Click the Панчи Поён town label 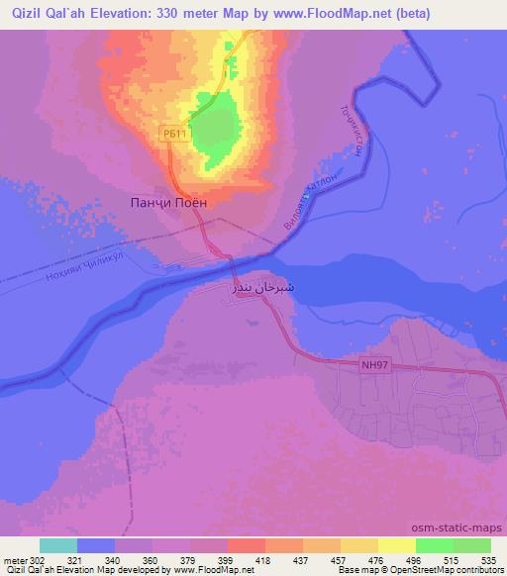pyautogui.click(x=169, y=202)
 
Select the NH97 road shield pyautogui.click(x=373, y=365)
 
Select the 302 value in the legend pyautogui.click(x=38, y=559)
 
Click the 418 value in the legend pyautogui.click(x=263, y=559)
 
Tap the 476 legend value pyautogui.click(x=376, y=559)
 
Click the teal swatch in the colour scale pyautogui.click(x=58, y=545)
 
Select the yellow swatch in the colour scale pyautogui.click(x=397, y=545)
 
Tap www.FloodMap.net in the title pyautogui.click(x=330, y=12)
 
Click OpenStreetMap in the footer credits pyautogui.click(x=423, y=571)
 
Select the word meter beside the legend pyautogui.click(x=14, y=559)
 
